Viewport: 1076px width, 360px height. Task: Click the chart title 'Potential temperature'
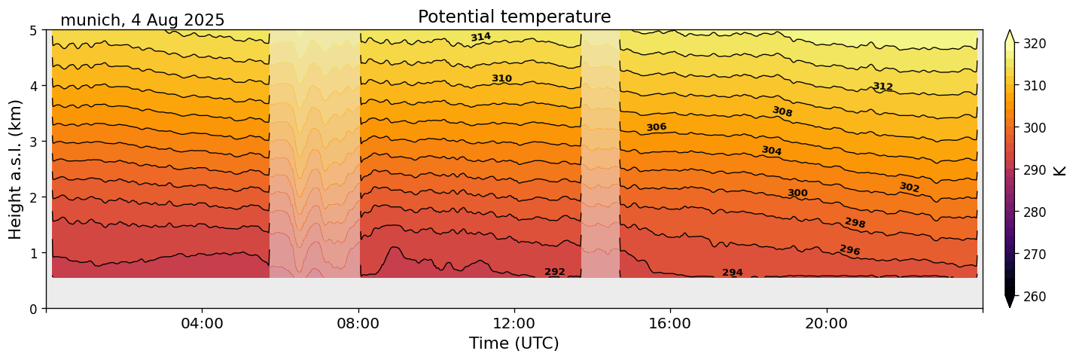514,17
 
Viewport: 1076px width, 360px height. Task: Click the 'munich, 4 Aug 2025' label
142,20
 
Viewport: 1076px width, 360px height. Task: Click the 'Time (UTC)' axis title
514,344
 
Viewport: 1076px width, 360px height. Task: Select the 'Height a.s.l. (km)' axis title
16,169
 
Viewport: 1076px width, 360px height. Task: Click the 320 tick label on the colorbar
1034,44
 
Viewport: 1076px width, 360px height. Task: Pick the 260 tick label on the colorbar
1034,297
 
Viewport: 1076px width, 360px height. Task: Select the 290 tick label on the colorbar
1034,170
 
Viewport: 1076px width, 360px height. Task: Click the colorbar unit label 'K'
1060,169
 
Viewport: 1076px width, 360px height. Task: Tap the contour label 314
480,37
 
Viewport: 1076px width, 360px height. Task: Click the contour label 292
555,272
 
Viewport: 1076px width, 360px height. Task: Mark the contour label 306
657,127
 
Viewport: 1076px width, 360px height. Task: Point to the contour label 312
882,87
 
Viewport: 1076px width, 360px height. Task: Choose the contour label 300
797,194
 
